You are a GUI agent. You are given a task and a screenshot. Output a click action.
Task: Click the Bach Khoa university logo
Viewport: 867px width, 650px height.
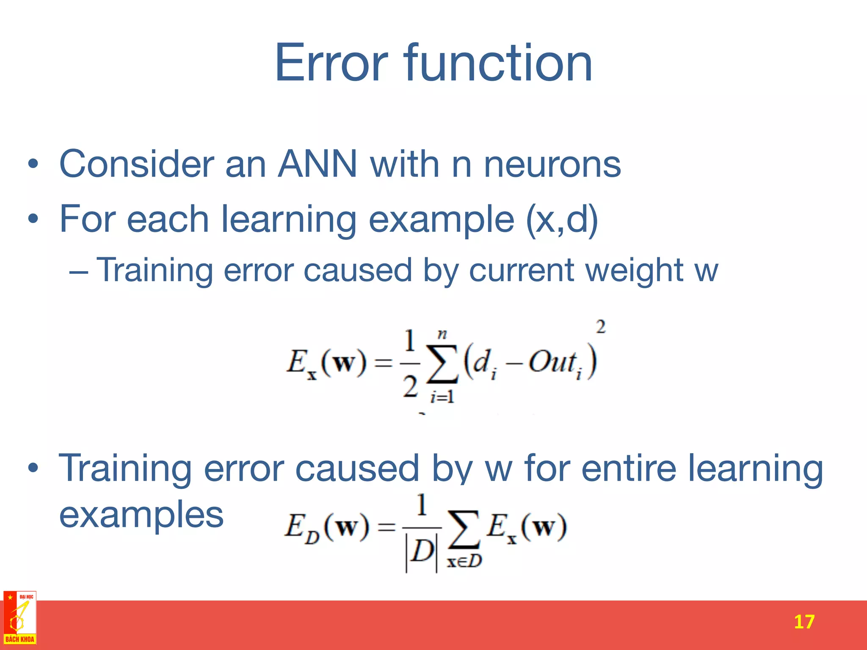coord(20,618)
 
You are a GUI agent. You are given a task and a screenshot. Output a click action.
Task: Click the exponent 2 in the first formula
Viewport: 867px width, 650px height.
coord(600,327)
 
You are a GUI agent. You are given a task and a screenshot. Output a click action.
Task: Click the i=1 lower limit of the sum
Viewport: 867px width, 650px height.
coord(442,397)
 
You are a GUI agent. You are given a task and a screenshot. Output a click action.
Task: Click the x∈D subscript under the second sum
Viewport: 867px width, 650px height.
coord(464,561)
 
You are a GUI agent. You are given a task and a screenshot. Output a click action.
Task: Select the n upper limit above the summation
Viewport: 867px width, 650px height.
coord(442,334)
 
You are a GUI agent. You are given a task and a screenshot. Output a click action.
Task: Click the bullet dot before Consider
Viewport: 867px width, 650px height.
coord(33,164)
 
